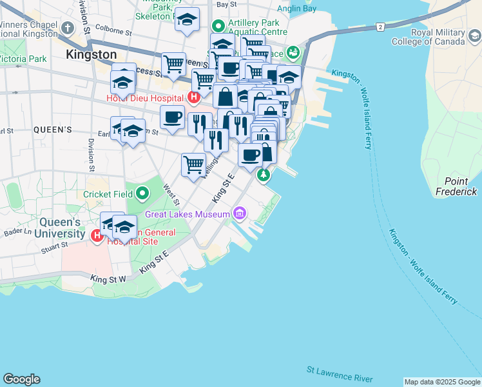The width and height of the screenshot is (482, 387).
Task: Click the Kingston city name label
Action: pyautogui.click(x=91, y=55)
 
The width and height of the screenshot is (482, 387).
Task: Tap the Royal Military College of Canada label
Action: pyautogui.click(x=429, y=37)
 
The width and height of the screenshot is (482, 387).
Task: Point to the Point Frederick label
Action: pyautogui.click(x=456, y=187)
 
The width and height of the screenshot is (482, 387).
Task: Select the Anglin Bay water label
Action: pyautogui.click(x=296, y=8)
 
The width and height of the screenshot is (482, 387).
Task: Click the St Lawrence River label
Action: pyautogui.click(x=340, y=372)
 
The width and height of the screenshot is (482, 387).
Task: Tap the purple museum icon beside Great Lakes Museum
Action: pyautogui.click(x=240, y=213)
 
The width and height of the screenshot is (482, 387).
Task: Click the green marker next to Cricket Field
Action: pyautogui.click(x=142, y=193)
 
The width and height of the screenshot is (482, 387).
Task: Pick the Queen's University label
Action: pyautogui.click(x=57, y=228)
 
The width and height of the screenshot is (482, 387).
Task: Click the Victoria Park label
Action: pyautogui.click(x=23, y=59)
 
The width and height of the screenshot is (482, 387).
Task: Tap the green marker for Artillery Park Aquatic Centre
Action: pyautogui.click(x=218, y=26)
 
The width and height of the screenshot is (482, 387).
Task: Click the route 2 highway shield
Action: pyautogui.click(x=380, y=26)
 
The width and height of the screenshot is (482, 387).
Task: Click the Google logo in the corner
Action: pyautogui.click(x=21, y=379)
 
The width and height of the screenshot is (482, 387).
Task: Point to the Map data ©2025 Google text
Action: pyautogui.click(x=441, y=382)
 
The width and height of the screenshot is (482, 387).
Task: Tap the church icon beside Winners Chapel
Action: pyautogui.click(x=68, y=28)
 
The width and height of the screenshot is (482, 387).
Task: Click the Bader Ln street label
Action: pyautogui.click(x=17, y=232)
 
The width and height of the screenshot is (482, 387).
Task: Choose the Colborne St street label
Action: pyautogui.click(x=113, y=30)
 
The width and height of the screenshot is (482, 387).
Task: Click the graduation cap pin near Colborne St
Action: pyautogui.click(x=187, y=20)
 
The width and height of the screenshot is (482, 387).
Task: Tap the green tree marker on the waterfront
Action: pyautogui.click(x=262, y=175)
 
